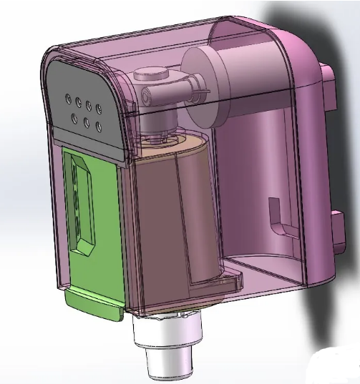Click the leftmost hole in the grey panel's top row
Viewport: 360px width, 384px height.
[68, 97]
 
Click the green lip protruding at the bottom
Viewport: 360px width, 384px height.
[93, 305]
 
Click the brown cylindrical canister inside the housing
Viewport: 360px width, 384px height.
[172, 215]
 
